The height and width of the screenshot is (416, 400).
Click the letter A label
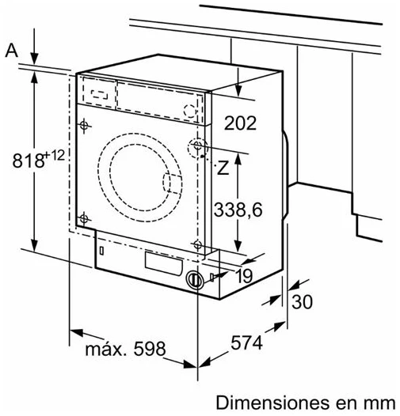(x=12, y=51)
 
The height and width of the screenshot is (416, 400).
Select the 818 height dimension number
(x=29, y=161)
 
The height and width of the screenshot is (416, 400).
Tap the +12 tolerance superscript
(x=55, y=155)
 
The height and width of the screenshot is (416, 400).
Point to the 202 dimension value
(x=240, y=123)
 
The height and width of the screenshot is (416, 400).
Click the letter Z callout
(x=223, y=168)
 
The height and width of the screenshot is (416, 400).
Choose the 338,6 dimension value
(x=238, y=210)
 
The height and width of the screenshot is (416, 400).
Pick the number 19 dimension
(x=244, y=276)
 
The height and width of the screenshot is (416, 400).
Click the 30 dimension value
(x=303, y=301)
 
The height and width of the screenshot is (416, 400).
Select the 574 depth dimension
(x=247, y=342)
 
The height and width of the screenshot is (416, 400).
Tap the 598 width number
(x=150, y=349)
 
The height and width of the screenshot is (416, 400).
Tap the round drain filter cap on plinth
(x=196, y=280)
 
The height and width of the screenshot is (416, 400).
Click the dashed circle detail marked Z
(x=197, y=148)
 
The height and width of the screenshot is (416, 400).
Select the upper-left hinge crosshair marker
(x=84, y=126)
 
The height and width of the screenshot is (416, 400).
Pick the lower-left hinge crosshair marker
(x=84, y=219)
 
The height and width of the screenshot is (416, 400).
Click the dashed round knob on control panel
(x=190, y=111)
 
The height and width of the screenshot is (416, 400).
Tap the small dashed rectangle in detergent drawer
(x=99, y=94)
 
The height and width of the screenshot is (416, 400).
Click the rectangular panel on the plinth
(x=164, y=263)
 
